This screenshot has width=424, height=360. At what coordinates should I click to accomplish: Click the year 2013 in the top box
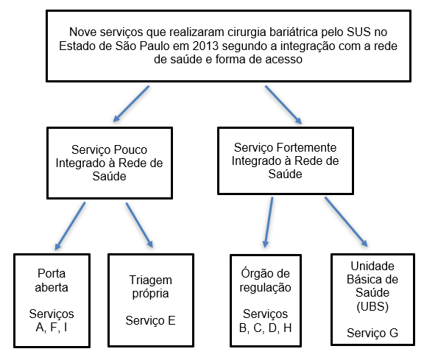pyautogui.click(x=205, y=46)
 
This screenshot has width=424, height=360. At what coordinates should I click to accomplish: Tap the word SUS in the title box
pyautogui.click(x=358, y=32)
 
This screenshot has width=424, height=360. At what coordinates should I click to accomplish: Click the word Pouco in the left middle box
pyautogui.click(x=130, y=150)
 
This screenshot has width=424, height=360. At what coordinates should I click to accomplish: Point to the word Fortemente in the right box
pyautogui.click(x=306, y=148)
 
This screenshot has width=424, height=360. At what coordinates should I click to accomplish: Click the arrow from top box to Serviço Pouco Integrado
pyautogui.click(x=131, y=104)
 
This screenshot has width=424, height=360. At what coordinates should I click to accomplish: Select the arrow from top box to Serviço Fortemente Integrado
pyautogui.click(x=283, y=105)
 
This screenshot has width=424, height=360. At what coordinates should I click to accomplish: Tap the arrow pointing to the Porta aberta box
pyautogui.click(x=70, y=226)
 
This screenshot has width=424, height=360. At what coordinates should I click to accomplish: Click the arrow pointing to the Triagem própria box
pyautogui.click(x=140, y=225)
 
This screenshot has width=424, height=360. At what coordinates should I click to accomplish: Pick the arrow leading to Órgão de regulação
pyautogui.click(x=269, y=222)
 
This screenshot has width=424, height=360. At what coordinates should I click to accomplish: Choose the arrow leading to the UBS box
pyautogui.click(x=346, y=222)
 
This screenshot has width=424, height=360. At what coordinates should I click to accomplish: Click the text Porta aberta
pyautogui.click(x=52, y=280)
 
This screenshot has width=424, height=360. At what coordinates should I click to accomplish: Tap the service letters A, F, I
pyautogui.click(x=52, y=328)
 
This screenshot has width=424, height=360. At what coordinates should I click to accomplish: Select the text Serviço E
pyautogui.click(x=151, y=320)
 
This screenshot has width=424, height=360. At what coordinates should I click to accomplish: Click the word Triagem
pyautogui.click(x=151, y=280)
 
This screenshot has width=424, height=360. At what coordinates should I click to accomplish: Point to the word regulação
pyautogui.click(x=265, y=288)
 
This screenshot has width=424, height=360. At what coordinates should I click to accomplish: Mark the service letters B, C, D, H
pyautogui.click(x=265, y=328)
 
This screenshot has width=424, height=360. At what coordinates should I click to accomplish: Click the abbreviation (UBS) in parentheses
pyautogui.click(x=372, y=306)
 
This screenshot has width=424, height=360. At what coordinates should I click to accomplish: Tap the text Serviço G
pyautogui.click(x=372, y=333)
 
